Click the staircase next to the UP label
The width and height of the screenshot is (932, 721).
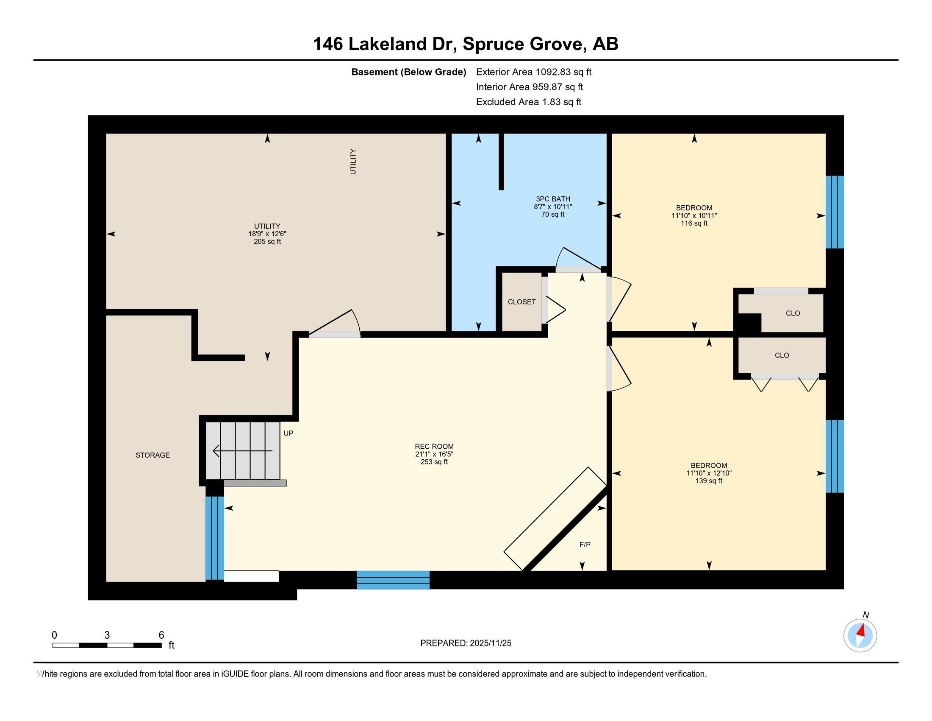coord(243,450)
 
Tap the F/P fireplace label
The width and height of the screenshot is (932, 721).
coord(585,545)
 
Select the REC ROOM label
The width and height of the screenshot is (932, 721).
coord(434,446)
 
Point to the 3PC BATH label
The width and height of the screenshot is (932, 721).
coord(553,199)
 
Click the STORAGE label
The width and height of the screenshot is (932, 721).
coord(153,456)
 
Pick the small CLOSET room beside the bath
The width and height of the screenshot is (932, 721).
coord(522,302)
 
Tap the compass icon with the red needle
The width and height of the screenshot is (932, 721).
coord(860,636)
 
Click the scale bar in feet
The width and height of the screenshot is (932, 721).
coord(107,645)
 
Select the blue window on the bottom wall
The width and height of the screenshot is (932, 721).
coord(393,580)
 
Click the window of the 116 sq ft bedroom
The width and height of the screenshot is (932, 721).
coord(835,212)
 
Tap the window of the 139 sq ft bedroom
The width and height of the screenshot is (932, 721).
coord(835,456)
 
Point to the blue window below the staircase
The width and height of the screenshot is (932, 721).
coord(215,538)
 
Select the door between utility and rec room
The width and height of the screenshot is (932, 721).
coord(335,323)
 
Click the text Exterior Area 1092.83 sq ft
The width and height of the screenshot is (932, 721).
coord(534,72)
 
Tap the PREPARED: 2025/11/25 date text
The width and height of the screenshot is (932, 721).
coord(466,643)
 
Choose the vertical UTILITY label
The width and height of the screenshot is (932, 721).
coord(353,162)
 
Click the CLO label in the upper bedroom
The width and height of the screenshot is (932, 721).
coord(793,313)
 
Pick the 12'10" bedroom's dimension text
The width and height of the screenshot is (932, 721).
coord(709,473)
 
